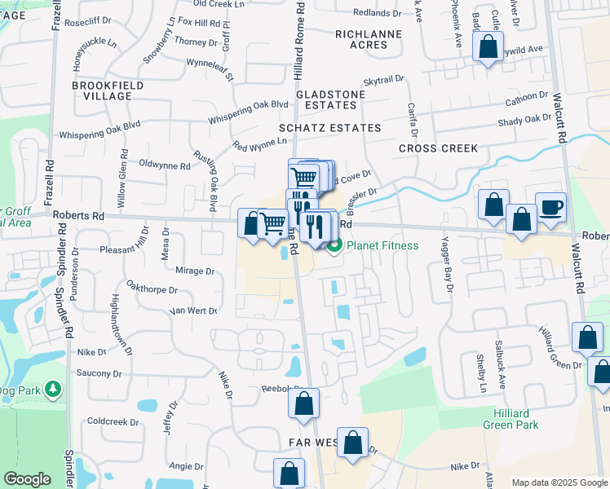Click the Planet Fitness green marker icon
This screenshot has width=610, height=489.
334,246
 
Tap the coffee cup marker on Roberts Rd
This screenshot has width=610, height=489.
550,207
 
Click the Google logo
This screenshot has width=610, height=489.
27,479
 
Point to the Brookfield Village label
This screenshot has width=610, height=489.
108,90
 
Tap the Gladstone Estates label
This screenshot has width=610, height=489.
330,99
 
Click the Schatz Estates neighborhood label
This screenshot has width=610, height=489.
330,128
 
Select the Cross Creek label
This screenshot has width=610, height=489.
438,149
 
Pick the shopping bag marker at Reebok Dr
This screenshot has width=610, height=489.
303,403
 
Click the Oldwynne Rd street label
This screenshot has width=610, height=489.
165,165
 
